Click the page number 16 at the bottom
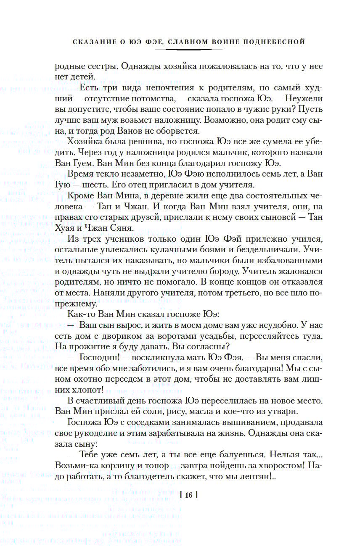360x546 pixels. click(x=188, y=496)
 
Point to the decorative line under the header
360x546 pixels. click(x=188, y=50)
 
